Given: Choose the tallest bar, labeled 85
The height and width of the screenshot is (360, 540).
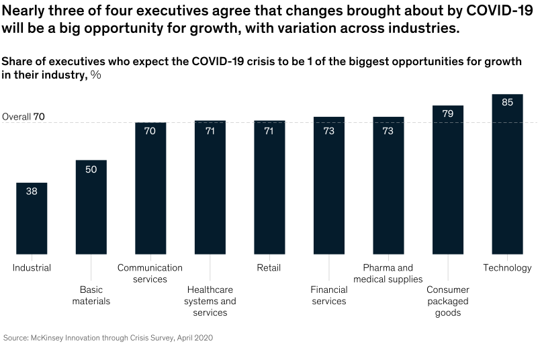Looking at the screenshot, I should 507,174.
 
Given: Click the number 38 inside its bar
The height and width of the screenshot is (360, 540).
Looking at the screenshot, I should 32,191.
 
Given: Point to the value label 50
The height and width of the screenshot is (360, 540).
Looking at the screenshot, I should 91,169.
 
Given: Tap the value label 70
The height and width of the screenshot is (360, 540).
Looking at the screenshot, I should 150,131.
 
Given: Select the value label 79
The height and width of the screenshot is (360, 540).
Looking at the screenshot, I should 448,114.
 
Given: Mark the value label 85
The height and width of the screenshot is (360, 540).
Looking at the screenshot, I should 507,102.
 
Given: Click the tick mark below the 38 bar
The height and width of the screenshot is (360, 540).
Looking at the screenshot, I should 32,258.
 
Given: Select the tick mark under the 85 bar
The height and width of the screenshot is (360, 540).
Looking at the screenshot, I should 507,258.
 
